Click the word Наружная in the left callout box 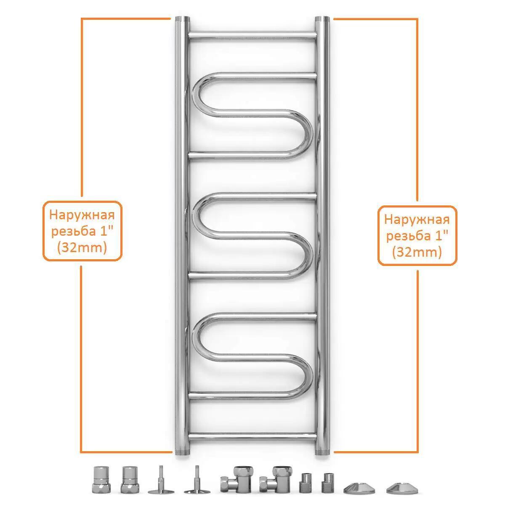click(82, 215)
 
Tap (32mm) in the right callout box click(417, 252)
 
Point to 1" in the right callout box click(442, 236)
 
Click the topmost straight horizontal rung click(252, 35)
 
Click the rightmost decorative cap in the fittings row click(402, 487)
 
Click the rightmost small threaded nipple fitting click(328, 483)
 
